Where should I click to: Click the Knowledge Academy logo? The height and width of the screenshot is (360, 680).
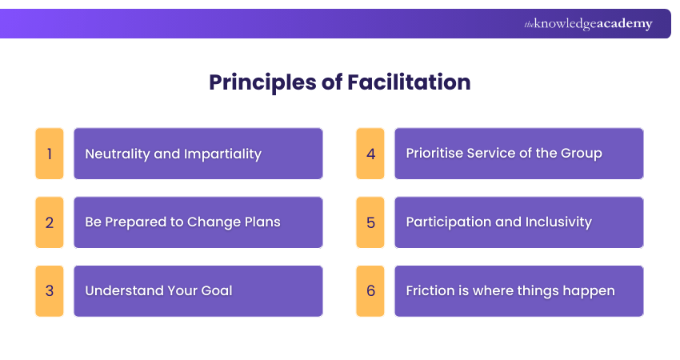tap(588, 24)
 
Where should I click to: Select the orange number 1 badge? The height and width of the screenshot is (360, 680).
tap(50, 154)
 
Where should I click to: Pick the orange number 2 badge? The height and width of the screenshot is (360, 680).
tap(50, 222)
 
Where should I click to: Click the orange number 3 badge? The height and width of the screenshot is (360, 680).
tap(50, 291)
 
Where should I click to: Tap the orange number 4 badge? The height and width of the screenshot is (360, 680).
tap(370, 154)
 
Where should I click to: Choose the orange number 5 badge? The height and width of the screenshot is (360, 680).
tap(370, 222)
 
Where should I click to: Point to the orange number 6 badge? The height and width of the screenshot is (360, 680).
tap(370, 291)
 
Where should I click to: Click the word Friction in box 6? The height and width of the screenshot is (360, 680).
tap(432, 290)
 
